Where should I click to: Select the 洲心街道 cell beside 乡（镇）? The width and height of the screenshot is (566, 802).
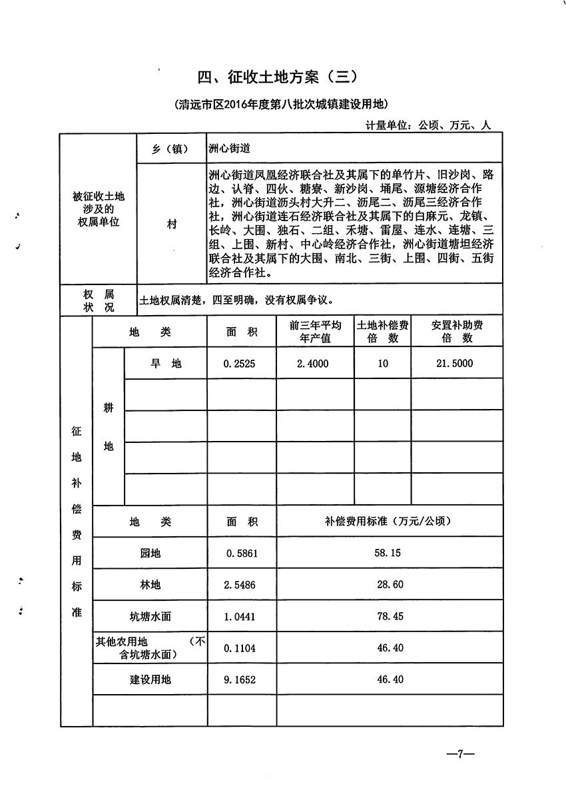click(230, 149)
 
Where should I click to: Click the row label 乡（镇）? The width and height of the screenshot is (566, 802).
click(170, 149)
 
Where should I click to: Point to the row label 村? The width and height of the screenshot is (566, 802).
click(172, 225)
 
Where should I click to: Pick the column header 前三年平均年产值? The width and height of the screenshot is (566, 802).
click(315, 331)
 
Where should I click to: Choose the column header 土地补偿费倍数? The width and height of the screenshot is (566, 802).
click(382, 331)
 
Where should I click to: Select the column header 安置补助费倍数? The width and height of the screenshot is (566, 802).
click(457, 331)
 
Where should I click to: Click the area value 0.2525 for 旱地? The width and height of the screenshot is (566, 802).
click(240, 364)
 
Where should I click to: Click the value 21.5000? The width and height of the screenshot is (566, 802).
click(456, 364)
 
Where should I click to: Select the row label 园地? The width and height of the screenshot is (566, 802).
click(150, 554)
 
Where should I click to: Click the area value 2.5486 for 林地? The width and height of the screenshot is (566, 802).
click(240, 585)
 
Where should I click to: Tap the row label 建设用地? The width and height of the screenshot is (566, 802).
click(150, 679)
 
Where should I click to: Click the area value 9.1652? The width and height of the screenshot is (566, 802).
click(240, 679)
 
